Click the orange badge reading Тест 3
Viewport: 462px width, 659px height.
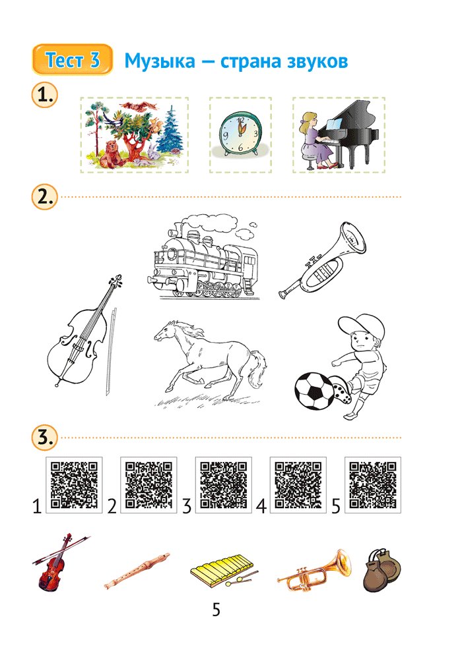(x=72, y=59)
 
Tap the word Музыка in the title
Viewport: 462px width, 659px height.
(x=160, y=61)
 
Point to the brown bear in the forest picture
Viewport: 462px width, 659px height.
(x=110, y=155)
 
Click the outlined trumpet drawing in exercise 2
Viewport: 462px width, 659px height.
(x=322, y=260)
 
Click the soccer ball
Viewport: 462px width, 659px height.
(x=314, y=391)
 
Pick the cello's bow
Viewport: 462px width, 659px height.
(x=110, y=351)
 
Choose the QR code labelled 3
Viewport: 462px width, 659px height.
(x=224, y=485)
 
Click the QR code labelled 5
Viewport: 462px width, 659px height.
(x=373, y=485)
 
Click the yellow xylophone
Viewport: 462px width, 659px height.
(x=223, y=570)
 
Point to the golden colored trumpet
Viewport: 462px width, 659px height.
(x=314, y=570)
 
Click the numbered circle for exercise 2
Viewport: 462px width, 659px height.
(x=44, y=197)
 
